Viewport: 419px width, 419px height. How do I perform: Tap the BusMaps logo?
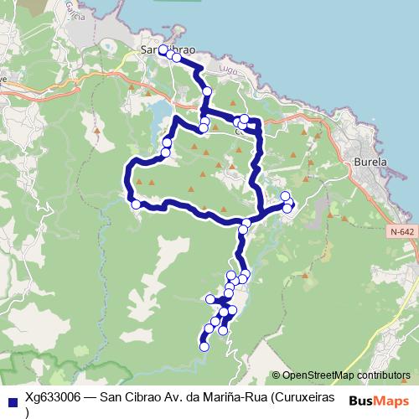[x=376, y=401]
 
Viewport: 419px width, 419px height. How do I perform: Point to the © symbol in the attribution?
[x=277, y=375]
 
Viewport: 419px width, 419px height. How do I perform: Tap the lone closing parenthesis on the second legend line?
[x=28, y=412]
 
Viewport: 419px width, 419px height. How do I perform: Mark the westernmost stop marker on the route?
[x=135, y=204]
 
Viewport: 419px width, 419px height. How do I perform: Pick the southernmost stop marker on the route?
[x=204, y=347]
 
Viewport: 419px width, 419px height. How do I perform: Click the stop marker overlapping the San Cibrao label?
[x=163, y=50]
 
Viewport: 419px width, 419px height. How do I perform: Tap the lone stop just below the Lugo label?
[x=207, y=91]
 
